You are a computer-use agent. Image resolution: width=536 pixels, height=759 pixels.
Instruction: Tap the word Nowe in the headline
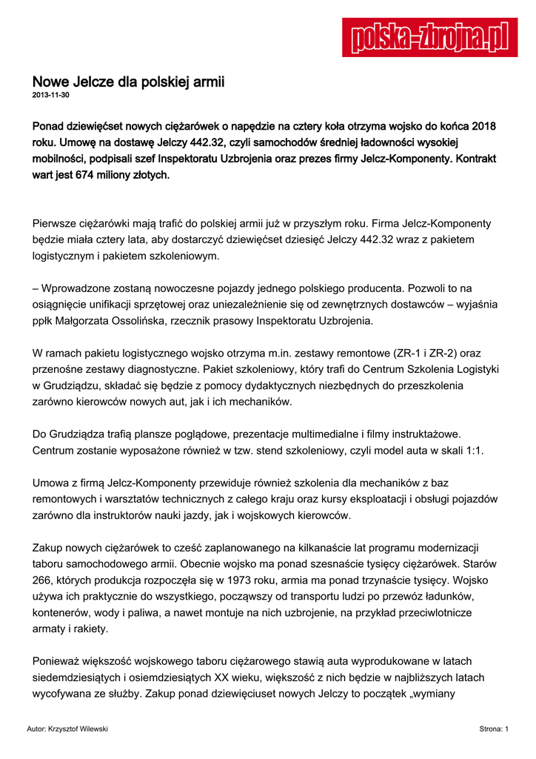(x=50, y=81)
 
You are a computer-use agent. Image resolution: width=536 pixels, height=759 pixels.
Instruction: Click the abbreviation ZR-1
(x=403, y=354)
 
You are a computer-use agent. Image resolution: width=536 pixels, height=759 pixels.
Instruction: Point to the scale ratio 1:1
(x=471, y=450)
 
